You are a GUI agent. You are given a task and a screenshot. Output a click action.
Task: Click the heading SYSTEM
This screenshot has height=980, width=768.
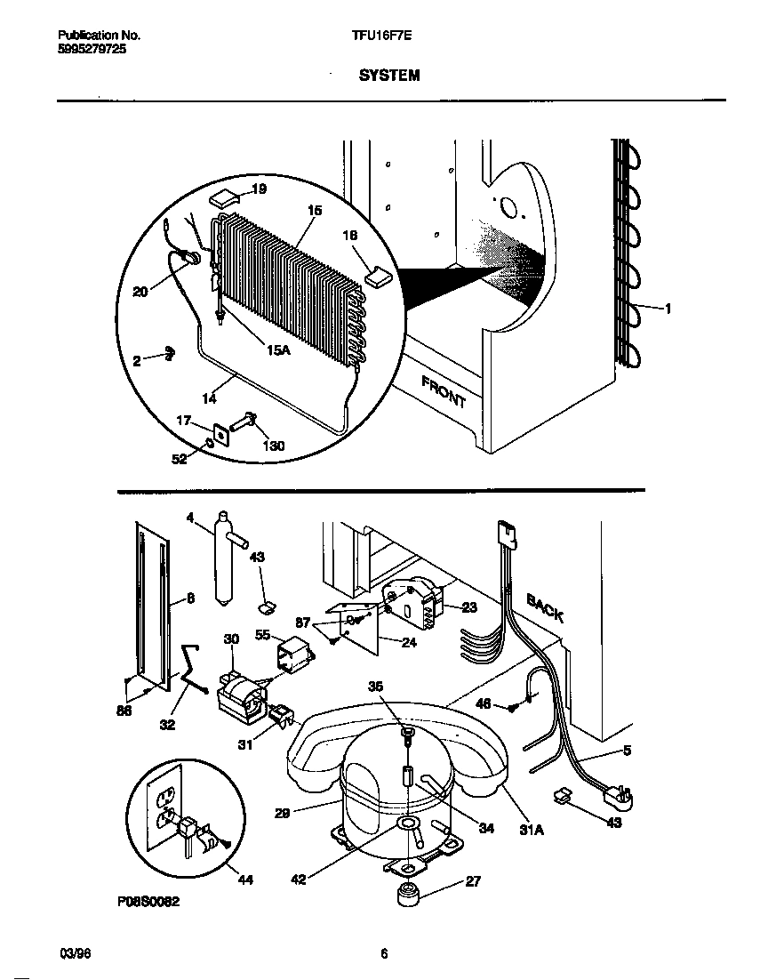(x=389, y=76)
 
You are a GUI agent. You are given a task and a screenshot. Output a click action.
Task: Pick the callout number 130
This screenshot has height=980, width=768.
(x=273, y=446)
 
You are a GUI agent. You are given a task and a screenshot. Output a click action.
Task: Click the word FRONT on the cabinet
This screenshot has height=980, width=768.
(x=443, y=391)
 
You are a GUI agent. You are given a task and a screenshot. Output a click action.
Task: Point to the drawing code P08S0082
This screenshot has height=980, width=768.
(x=148, y=901)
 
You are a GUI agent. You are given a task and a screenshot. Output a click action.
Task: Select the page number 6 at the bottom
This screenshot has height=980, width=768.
(x=384, y=954)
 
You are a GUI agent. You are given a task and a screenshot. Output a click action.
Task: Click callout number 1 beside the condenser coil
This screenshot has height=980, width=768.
(x=668, y=309)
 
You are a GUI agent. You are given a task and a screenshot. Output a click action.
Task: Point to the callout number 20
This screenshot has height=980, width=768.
(x=140, y=291)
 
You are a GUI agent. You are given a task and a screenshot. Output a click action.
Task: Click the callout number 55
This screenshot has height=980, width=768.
(x=262, y=635)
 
